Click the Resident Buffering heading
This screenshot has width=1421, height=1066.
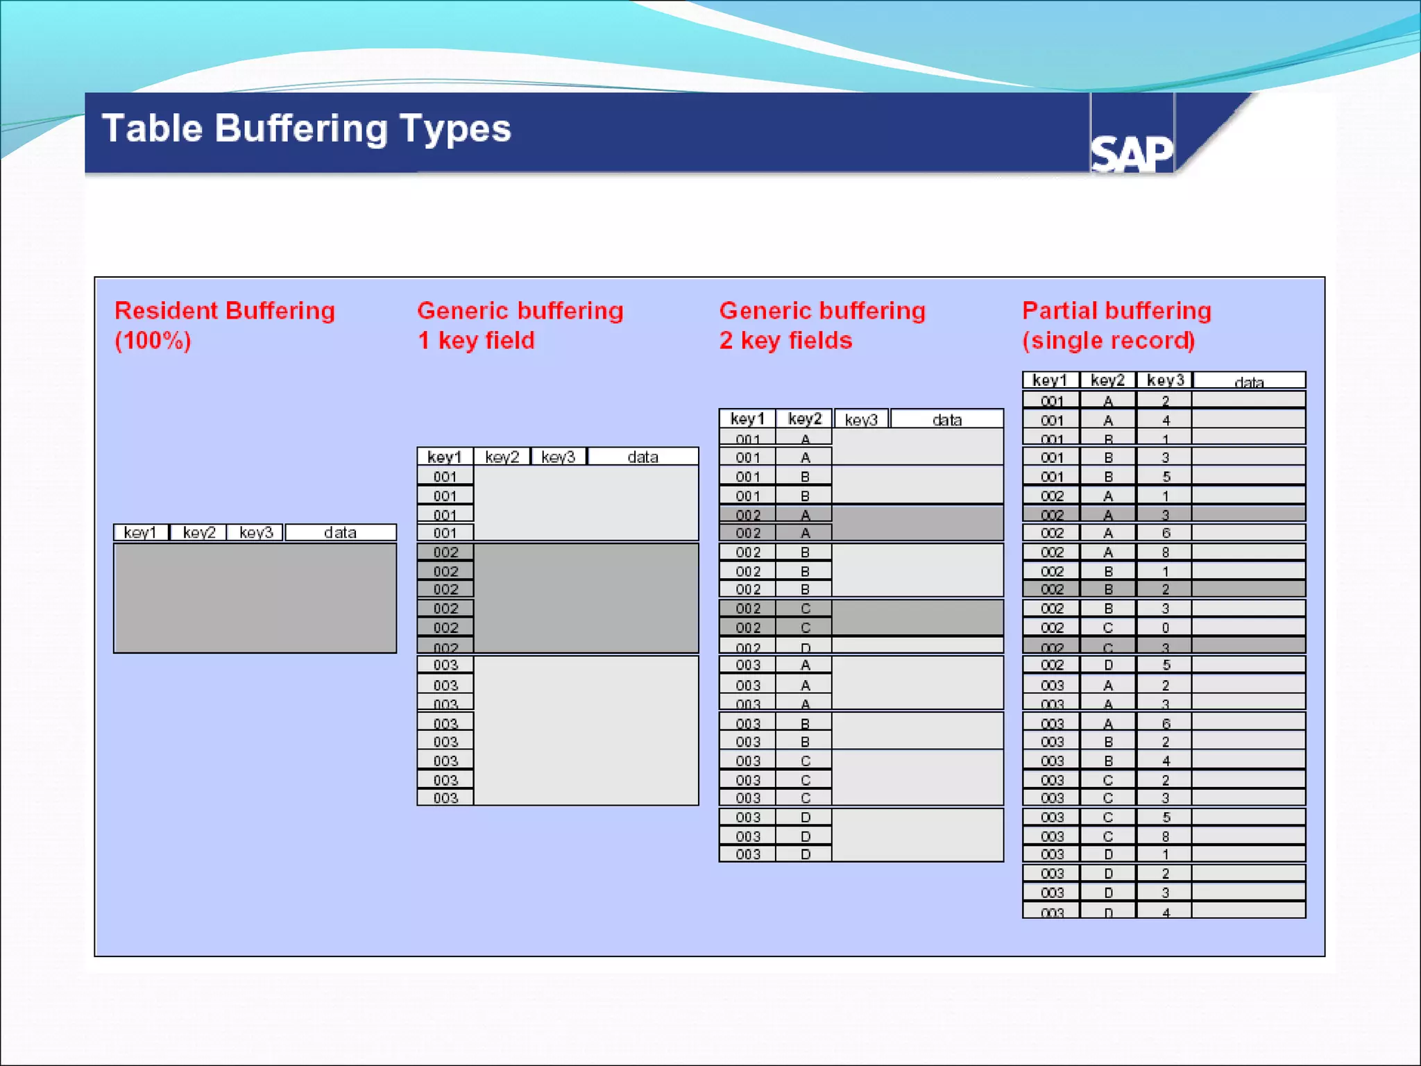[224, 310]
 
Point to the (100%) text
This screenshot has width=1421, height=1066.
[153, 341]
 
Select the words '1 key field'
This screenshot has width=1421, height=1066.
[476, 341]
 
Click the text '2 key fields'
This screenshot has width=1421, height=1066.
[785, 341]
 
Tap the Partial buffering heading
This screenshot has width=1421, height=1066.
[1116, 310]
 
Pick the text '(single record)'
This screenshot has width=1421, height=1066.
[1108, 341]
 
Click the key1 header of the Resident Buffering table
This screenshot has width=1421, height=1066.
[140, 532]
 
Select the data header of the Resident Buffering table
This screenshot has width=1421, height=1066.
[340, 532]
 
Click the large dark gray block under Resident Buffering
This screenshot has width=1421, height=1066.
[255, 598]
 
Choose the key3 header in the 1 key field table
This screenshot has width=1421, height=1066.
[559, 457]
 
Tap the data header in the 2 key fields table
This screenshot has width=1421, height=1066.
[947, 419]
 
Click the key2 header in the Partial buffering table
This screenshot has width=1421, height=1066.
[1107, 380]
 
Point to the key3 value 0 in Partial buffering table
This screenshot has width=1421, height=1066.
[1166, 627]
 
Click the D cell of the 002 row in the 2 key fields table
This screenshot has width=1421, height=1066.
[805, 647]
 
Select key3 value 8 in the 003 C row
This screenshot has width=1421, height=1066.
[1166, 836]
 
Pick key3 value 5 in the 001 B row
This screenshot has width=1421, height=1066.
[1166, 477]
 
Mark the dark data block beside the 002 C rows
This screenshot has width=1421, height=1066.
[917, 618]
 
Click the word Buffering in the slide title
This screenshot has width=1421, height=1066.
[301, 130]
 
